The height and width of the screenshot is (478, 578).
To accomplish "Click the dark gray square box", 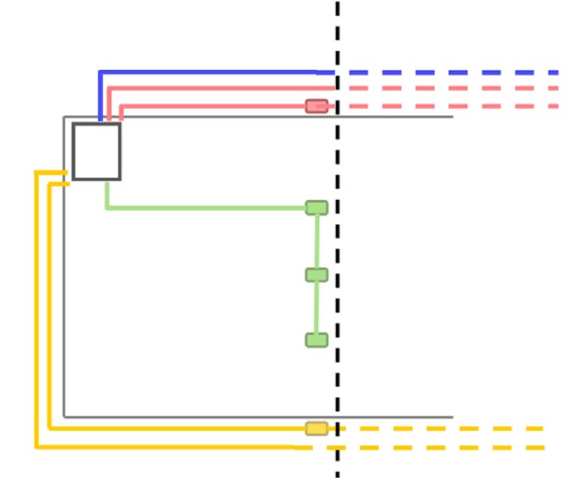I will (96, 151).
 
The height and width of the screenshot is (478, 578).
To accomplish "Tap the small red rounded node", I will (316, 106).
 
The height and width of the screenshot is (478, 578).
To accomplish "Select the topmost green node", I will (316, 207).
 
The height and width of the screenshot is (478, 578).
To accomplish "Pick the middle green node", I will (316, 275).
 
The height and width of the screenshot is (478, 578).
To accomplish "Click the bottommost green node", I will (316, 340).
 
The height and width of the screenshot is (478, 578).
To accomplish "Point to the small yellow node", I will (316, 428).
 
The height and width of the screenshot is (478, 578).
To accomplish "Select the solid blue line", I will (210, 72).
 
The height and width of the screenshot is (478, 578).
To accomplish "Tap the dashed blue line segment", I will (451, 73).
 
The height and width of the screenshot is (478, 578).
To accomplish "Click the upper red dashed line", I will (451, 89).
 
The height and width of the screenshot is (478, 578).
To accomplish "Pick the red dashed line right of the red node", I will (451, 106).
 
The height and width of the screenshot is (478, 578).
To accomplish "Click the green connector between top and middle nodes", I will (316, 241).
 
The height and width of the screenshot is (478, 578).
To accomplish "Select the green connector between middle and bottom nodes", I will (316, 307).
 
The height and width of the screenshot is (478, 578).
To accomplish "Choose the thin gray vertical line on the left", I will (64, 301).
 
